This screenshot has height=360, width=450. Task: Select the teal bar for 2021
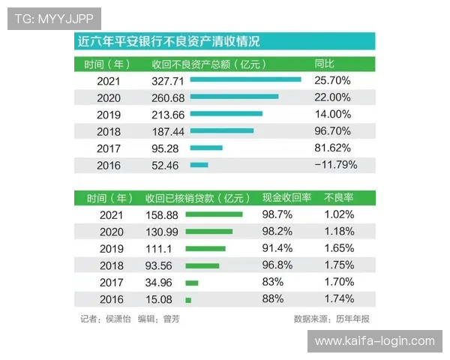tap(245, 79)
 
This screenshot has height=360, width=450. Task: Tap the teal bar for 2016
tap(199, 165)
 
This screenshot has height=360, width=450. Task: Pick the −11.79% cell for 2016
tap(335, 165)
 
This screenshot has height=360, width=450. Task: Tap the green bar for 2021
tap(214, 214)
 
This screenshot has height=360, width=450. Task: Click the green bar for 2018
tap(202, 265)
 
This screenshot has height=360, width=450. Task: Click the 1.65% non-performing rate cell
tap(339, 248)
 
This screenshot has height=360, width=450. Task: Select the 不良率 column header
tap(337, 199)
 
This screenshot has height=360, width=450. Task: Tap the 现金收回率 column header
tap(286, 199)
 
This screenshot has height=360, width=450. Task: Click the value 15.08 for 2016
tap(160, 299)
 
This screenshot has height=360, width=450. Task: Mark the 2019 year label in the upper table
tap(109, 115)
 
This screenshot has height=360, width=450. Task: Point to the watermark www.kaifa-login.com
tap(374, 341)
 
